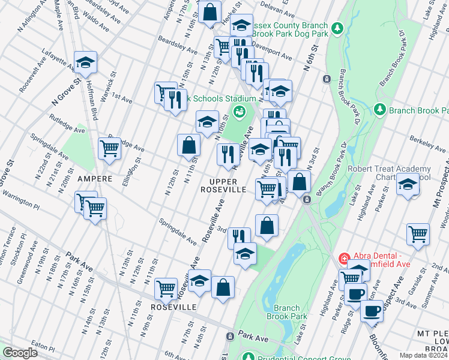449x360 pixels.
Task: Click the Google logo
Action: (20, 353)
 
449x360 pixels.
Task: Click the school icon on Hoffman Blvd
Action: (86, 62)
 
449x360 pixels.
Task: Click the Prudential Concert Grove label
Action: (295, 356)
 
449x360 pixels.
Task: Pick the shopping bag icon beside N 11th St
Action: (188, 145)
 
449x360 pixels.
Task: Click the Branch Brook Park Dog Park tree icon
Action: (337, 28)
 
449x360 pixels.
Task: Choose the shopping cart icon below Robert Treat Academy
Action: (418, 234)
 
